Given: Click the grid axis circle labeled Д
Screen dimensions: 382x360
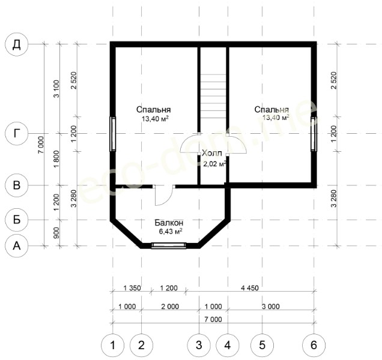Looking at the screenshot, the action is (17, 44).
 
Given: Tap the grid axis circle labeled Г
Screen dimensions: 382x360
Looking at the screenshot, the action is (17, 133).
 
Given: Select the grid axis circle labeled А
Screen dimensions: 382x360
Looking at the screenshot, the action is (17, 246).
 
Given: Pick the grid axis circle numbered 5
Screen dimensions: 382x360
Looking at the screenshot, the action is (262, 345).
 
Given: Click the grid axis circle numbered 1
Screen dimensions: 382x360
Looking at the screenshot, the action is (112, 345).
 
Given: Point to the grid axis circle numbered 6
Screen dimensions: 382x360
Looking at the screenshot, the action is (314, 345).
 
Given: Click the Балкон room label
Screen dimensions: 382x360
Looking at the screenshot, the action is (169, 223).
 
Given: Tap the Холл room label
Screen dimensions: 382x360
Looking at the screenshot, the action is (212, 153).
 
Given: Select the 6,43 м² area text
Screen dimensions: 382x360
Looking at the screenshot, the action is (171, 231).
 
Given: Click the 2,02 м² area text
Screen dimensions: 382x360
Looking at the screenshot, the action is (214, 164).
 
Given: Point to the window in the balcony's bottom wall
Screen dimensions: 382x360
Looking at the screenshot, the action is (169, 245).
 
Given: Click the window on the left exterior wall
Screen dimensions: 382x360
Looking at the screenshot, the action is (113, 134).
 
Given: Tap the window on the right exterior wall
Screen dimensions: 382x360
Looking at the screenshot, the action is (314, 134).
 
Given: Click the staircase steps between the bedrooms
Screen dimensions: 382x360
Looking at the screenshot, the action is (213, 97).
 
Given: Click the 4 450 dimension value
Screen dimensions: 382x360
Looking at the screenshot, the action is (250, 288).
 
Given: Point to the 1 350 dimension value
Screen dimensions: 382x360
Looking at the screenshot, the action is (132, 288).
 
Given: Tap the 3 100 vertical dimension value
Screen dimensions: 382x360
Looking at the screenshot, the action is (56, 89).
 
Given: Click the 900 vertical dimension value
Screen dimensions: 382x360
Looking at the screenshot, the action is (56, 233).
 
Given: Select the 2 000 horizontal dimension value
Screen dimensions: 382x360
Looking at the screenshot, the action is (170, 307).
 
